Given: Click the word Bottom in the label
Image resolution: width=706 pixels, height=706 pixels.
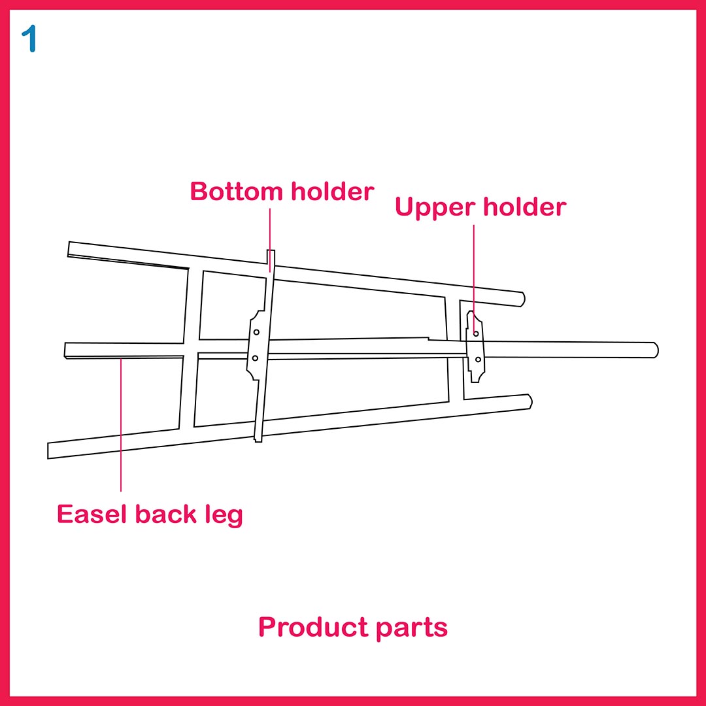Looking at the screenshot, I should (237, 192).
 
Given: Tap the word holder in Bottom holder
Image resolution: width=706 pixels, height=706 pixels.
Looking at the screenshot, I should (333, 192).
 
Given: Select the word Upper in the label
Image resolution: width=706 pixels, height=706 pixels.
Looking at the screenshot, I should (435, 207).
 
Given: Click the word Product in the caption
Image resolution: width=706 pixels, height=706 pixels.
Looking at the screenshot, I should (313, 628).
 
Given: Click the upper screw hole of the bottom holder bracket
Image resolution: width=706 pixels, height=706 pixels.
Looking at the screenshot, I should (257, 332).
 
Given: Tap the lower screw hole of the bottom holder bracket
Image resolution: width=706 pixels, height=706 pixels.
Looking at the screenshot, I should (255, 358).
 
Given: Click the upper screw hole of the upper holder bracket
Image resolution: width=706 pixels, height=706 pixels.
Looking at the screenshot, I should (476, 334).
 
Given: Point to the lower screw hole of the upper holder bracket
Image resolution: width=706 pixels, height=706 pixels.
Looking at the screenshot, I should (478, 360).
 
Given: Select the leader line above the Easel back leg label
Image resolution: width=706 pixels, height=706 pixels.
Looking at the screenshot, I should (121, 425).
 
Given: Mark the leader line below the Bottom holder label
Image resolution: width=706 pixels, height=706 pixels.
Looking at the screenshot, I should (270, 235).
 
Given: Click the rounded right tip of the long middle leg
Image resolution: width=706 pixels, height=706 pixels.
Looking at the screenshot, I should (654, 350).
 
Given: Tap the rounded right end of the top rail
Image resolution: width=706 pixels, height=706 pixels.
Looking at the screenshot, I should (521, 299).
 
